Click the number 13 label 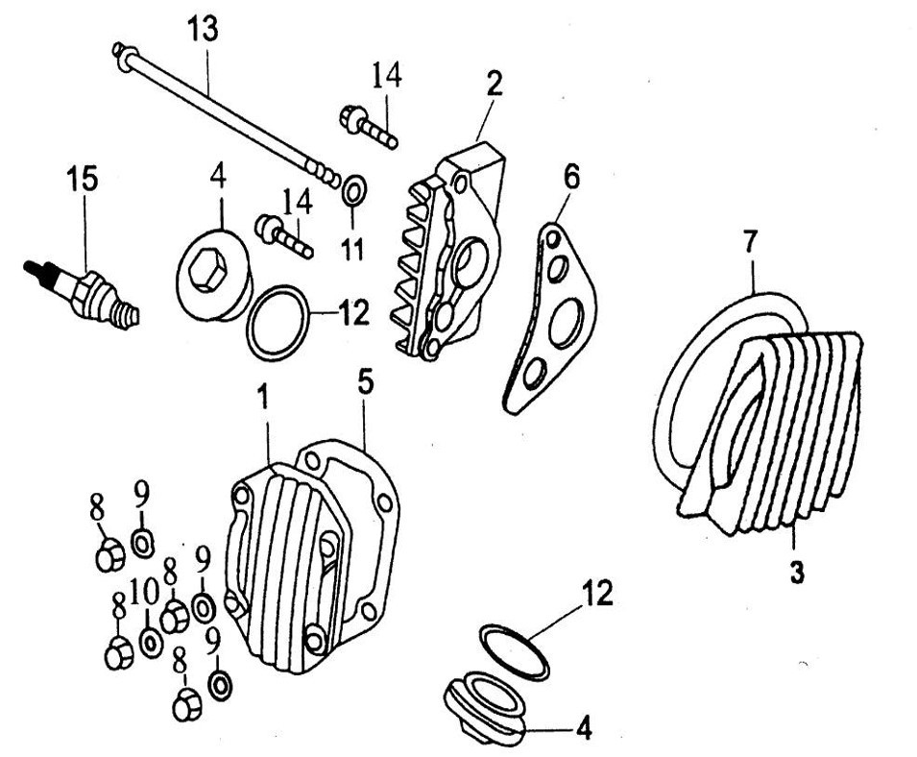[x=203, y=29]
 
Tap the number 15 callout [x=83, y=179]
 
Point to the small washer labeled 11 [x=352, y=189]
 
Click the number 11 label [x=352, y=250]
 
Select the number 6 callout [x=571, y=177]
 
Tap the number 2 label [x=494, y=83]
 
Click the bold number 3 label [x=797, y=574]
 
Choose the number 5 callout [x=366, y=383]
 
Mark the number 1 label [x=261, y=395]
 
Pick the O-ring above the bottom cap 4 [x=514, y=650]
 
